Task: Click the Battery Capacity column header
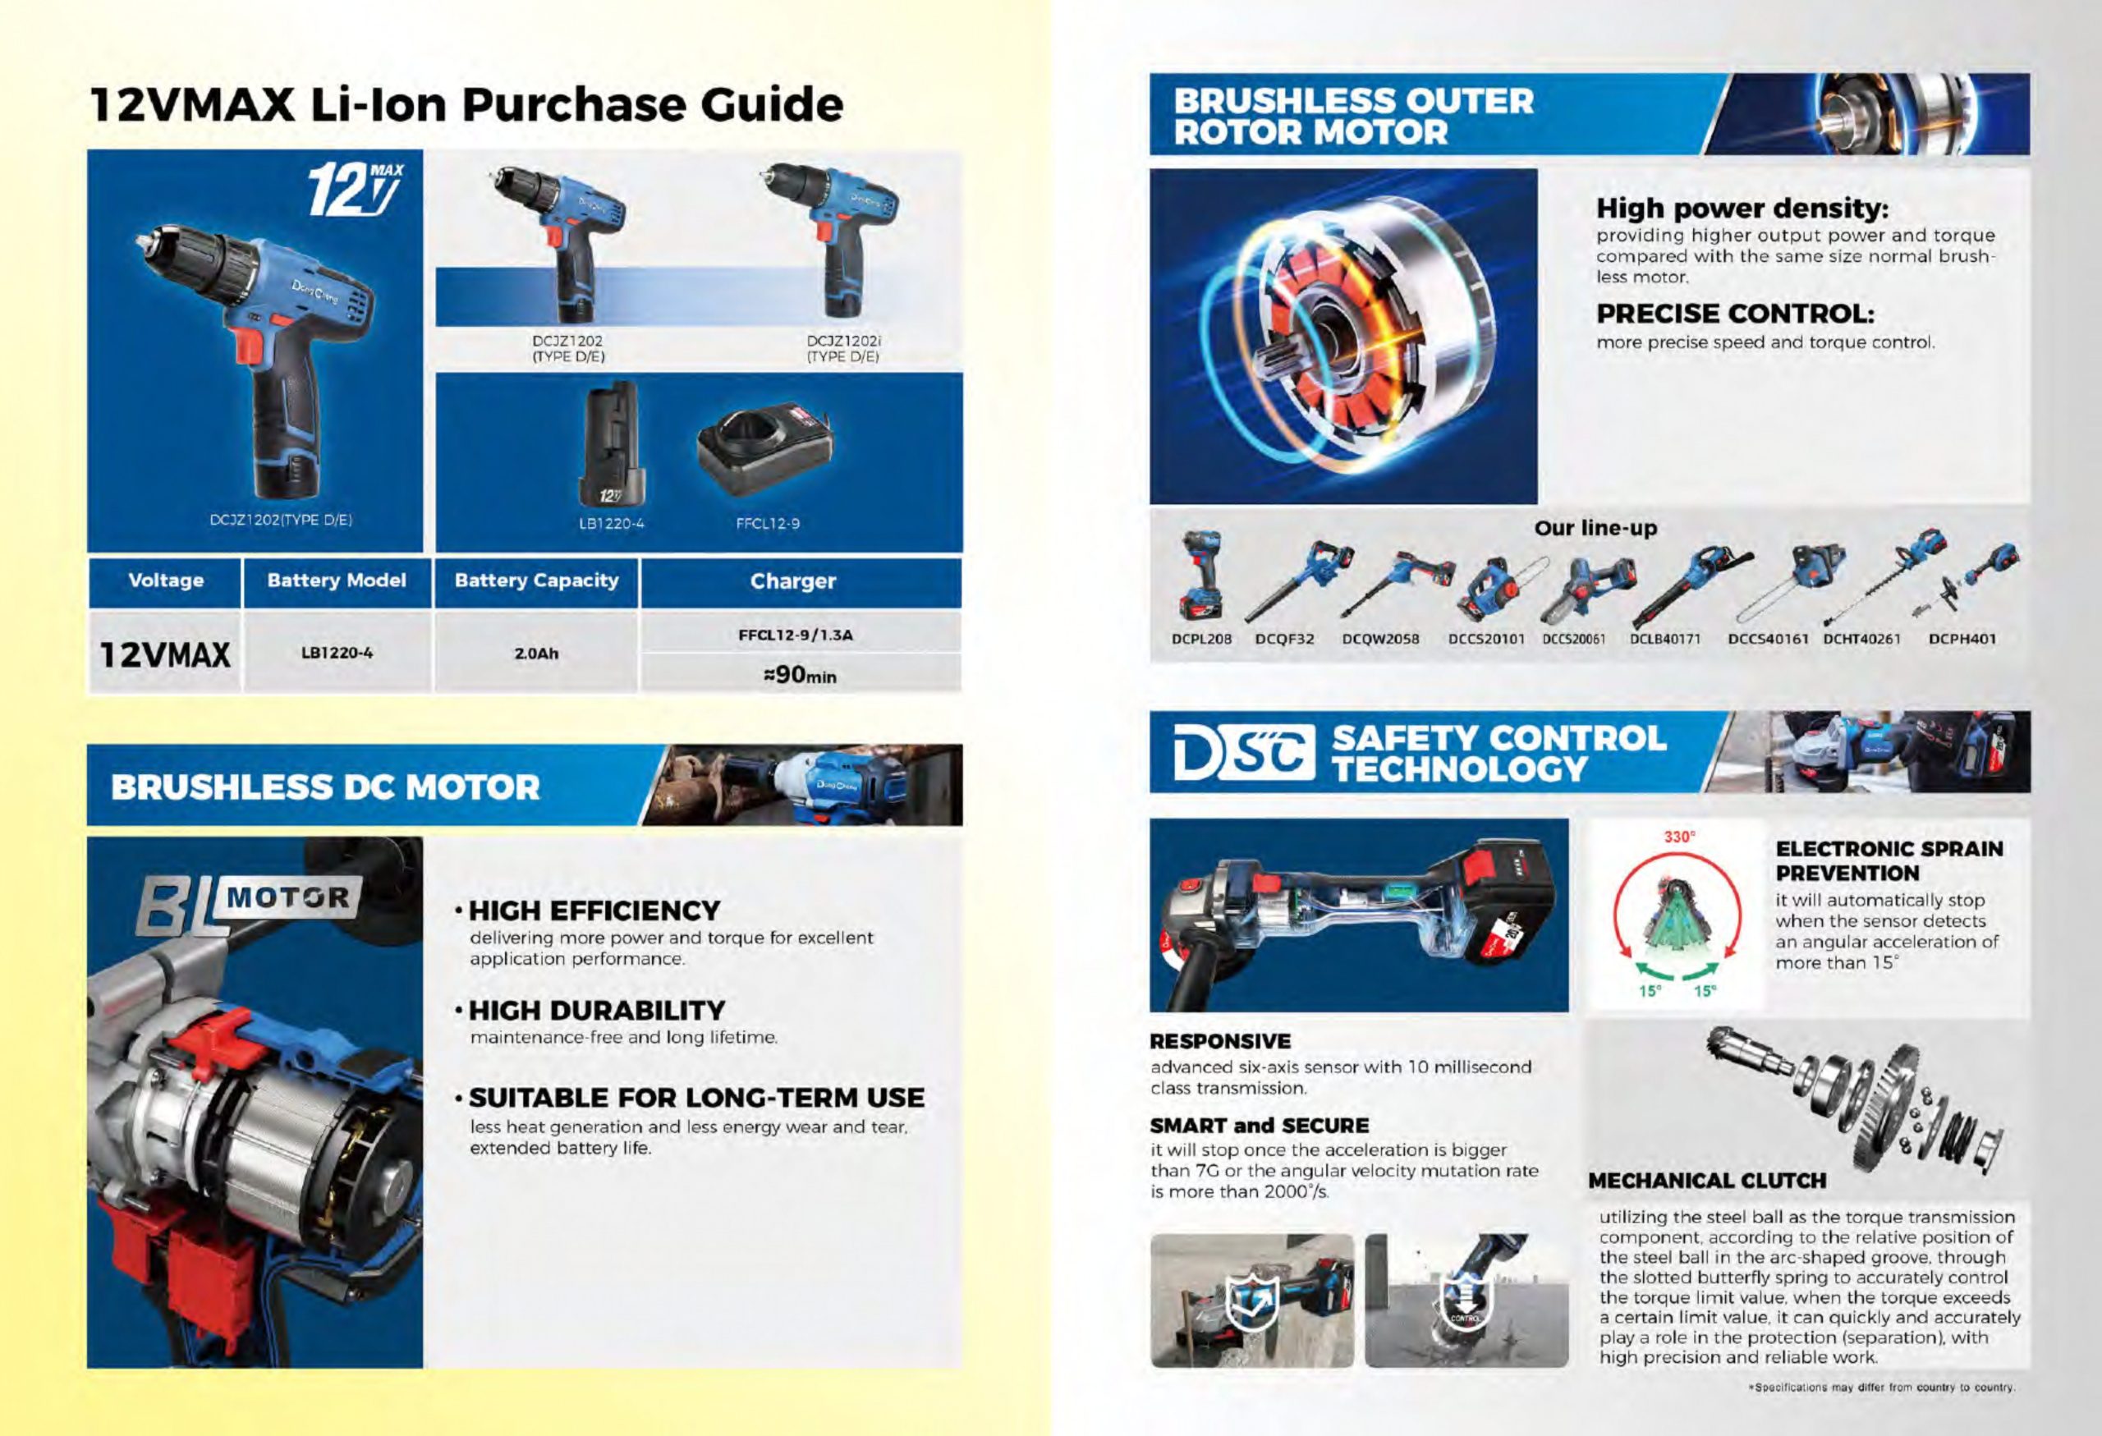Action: click(536, 580)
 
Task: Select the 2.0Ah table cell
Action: click(536, 653)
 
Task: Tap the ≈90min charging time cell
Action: click(801, 675)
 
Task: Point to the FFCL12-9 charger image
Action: click(766, 448)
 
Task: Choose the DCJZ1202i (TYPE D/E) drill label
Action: click(843, 349)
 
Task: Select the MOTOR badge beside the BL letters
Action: click(287, 897)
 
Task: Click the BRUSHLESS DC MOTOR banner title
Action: click(326, 787)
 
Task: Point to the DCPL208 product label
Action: click(1201, 639)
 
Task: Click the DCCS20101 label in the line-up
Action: click(1487, 639)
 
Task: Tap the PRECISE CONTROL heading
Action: click(1735, 314)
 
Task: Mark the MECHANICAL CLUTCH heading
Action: click(1707, 1180)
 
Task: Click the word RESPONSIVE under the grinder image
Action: click(1220, 1041)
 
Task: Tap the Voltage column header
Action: click(166, 580)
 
